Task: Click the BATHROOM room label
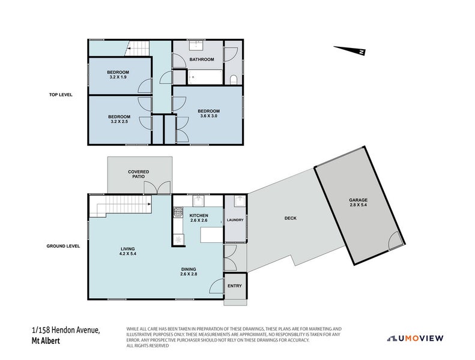click(x=202, y=59)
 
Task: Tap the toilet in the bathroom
click(x=234, y=79)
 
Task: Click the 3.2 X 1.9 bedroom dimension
click(x=119, y=77)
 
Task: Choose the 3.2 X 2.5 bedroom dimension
click(x=119, y=122)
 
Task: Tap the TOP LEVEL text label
click(x=61, y=94)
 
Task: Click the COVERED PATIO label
click(x=139, y=175)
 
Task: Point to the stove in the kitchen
click(x=178, y=212)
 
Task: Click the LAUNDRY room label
click(x=235, y=220)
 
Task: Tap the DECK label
click(x=290, y=218)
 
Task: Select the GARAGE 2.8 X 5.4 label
click(x=359, y=203)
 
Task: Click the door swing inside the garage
click(x=395, y=241)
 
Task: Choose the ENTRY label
click(x=234, y=286)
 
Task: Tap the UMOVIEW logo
click(x=415, y=338)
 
